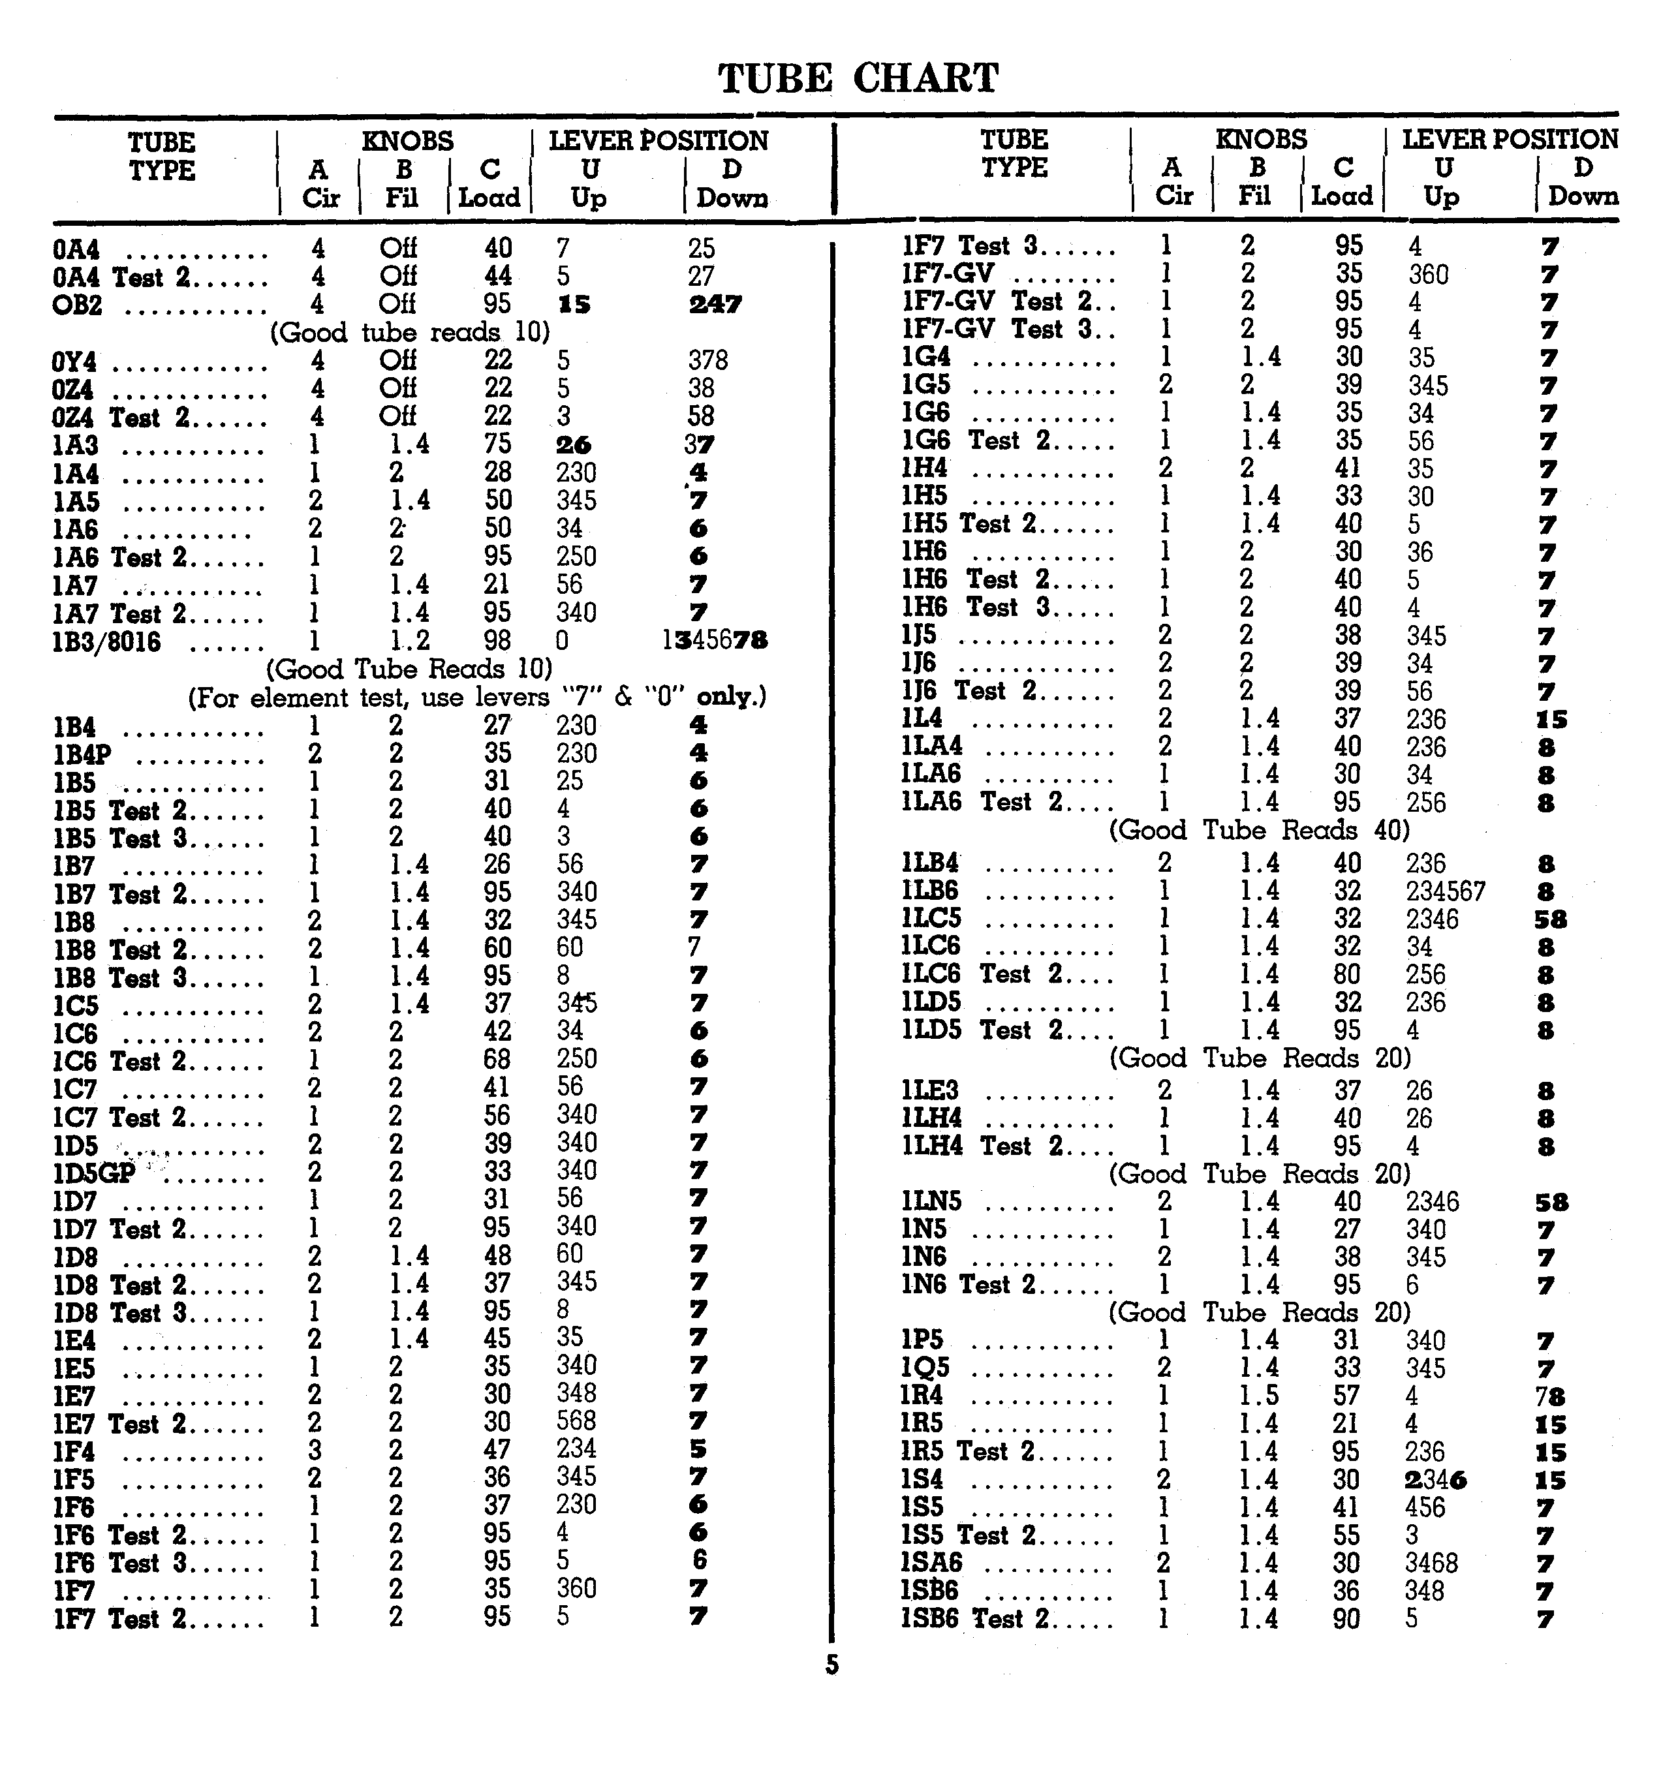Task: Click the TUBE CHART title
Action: click(x=858, y=78)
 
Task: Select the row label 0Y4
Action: click(x=74, y=362)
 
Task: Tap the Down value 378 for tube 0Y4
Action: click(x=707, y=360)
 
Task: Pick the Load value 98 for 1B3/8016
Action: click(x=497, y=640)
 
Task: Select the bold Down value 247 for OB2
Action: click(x=715, y=305)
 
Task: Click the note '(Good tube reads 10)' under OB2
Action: click(x=410, y=333)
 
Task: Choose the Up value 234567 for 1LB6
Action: click(x=1445, y=891)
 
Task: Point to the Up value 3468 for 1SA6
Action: click(x=1431, y=1562)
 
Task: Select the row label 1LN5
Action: click(x=931, y=1201)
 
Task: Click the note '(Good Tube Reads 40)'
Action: click(x=1260, y=830)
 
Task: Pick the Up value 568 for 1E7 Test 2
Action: click(x=576, y=1421)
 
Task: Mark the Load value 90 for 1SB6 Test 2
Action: click(x=1346, y=1619)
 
